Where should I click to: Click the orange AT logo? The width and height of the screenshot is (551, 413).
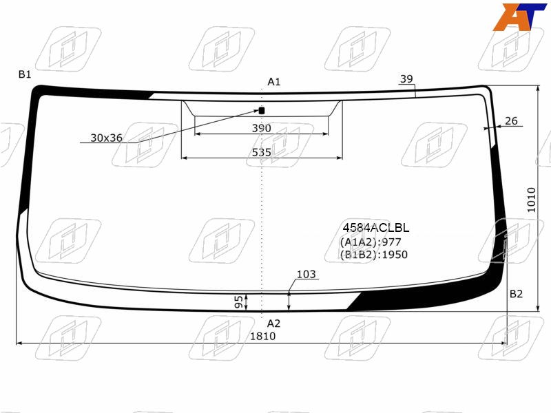point(519,17)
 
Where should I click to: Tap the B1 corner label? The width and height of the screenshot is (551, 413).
point(25,74)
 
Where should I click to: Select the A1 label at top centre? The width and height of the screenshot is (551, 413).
point(273,82)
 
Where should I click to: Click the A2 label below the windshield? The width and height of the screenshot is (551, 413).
point(273,324)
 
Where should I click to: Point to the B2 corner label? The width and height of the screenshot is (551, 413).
point(516,294)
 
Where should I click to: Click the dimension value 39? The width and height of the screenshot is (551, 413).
point(406,79)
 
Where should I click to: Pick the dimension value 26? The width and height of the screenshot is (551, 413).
point(511,121)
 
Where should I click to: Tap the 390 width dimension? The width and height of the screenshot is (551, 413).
point(262,128)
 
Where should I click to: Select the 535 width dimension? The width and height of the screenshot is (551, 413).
point(262,152)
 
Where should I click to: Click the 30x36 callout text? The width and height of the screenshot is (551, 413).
point(107,138)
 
